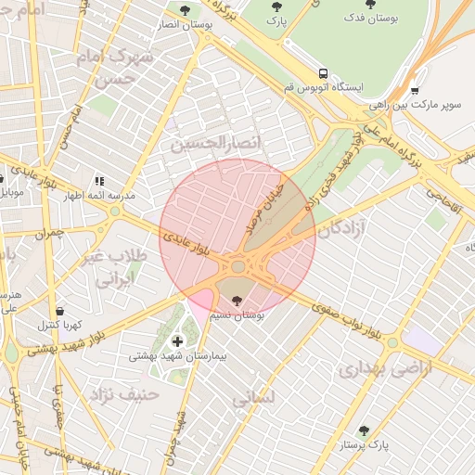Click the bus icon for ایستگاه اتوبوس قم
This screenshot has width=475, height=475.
pyautogui.click(x=323, y=72)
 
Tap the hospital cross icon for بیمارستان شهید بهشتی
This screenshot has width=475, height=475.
pyautogui.click(x=177, y=342)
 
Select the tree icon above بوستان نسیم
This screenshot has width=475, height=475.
pyautogui.click(x=238, y=300)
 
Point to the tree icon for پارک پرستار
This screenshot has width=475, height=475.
pyautogui.click(x=364, y=430)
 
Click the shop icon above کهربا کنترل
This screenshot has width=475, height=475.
pyautogui.click(x=60, y=311)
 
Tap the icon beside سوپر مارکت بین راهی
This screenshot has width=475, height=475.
pyautogui.click(x=414, y=91)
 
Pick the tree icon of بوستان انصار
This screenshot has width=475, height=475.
pyautogui.click(x=185, y=10)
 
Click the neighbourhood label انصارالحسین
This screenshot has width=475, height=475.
pyautogui.click(x=212, y=144)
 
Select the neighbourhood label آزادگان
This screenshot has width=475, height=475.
pyautogui.click(x=340, y=229)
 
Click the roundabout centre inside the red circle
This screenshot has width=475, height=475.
pyautogui.click(x=238, y=267)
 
